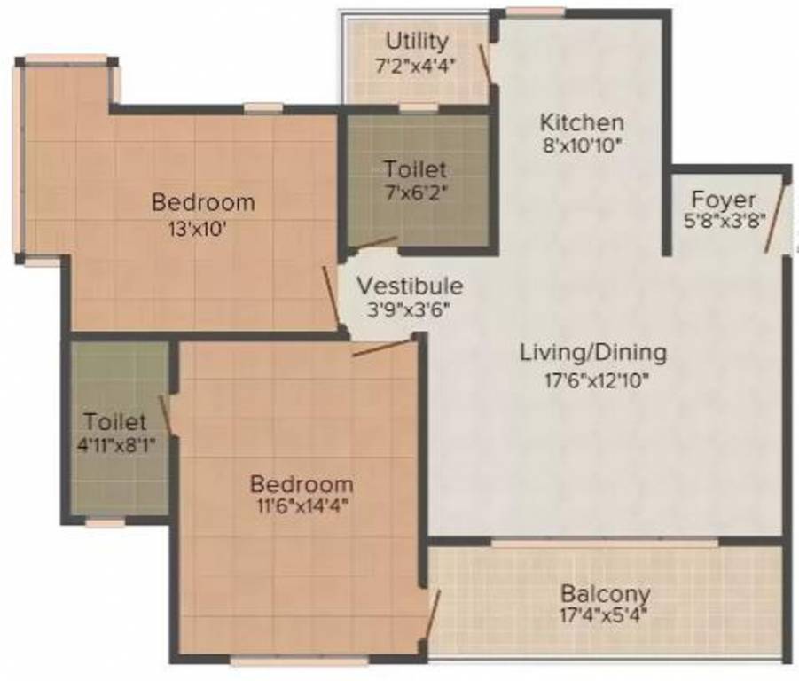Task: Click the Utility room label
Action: (417, 42)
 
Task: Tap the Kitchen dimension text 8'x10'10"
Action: (582, 146)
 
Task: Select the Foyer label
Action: (724, 200)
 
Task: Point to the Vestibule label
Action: (410, 286)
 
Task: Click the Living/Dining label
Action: (593, 353)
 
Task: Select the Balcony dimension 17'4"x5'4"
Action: (603, 615)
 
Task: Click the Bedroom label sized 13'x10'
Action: (203, 203)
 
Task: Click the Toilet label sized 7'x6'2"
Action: (415, 169)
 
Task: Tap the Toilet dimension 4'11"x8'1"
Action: (115, 445)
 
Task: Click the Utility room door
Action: (485, 63)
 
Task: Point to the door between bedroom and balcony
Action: (433, 614)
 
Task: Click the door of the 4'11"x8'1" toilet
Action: (166, 413)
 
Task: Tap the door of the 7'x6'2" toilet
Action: (378, 243)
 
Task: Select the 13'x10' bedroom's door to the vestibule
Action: (332, 295)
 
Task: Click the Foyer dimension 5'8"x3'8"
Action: (725, 221)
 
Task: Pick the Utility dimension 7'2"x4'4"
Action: (414, 66)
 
